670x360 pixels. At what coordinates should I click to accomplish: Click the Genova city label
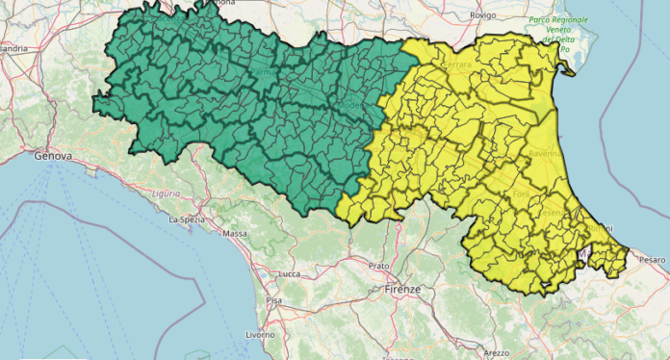click(53, 155)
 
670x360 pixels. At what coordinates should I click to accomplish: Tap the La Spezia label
click(186, 219)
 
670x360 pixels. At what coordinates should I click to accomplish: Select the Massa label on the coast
click(235, 234)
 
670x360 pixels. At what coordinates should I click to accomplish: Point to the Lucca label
click(288, 274)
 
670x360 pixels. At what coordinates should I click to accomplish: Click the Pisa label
click(274, 300)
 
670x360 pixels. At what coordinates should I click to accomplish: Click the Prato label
click(378, 265)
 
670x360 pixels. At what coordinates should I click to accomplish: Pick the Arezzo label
click(498, 353)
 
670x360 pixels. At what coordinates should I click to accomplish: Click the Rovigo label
click(482, 15)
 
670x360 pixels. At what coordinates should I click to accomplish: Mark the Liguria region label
click(166, 193)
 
